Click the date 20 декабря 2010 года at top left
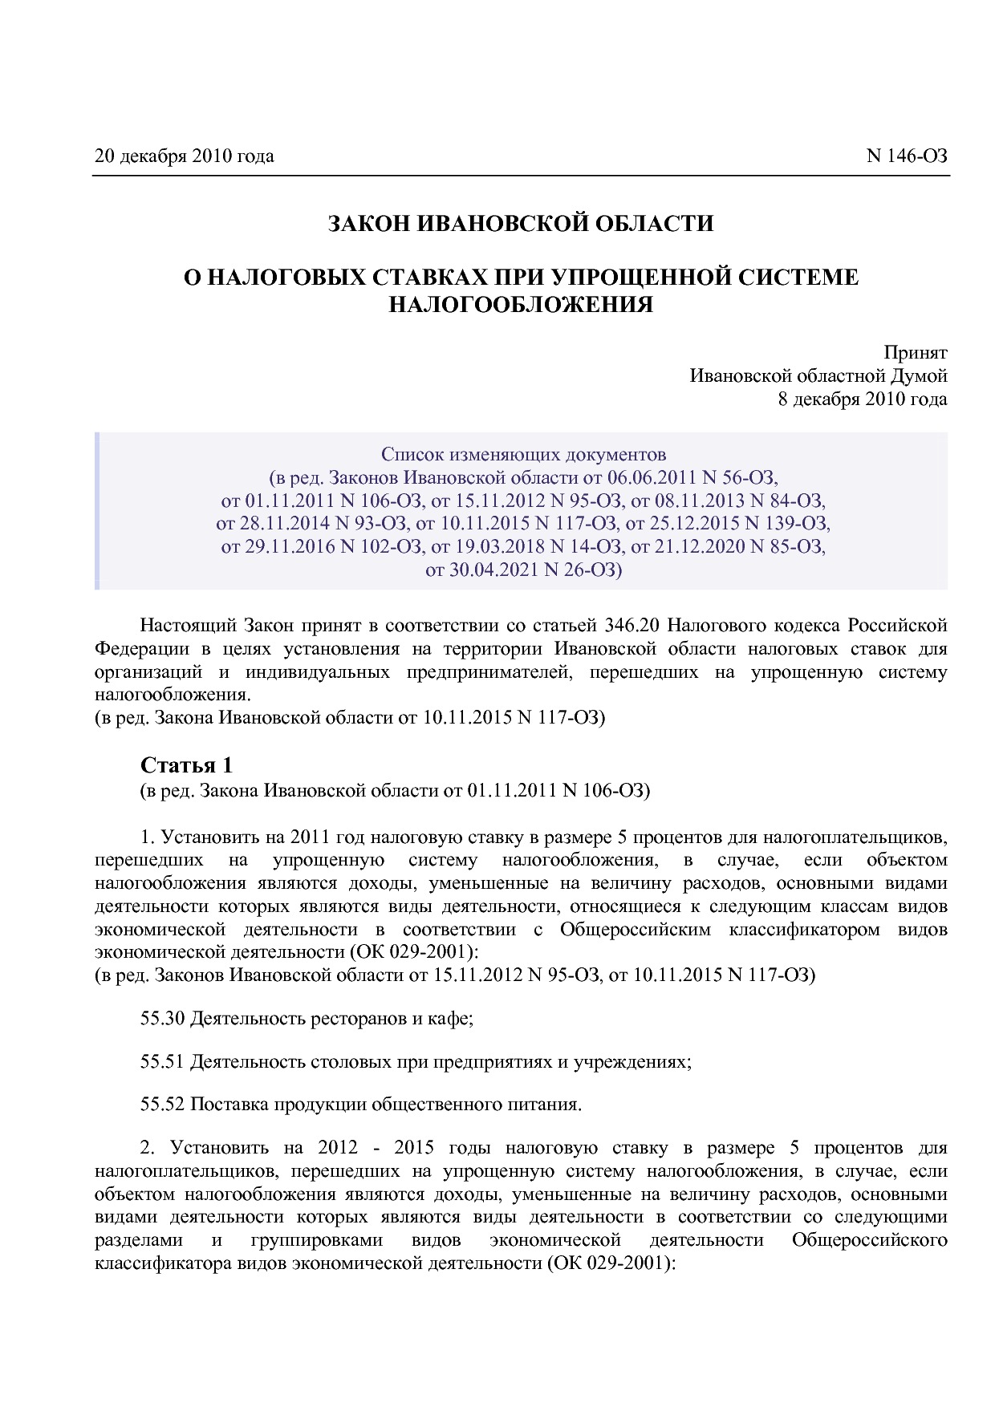pos(184,156)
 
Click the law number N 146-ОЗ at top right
pos(907,156)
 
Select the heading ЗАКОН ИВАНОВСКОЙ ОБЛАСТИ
pos(520,224)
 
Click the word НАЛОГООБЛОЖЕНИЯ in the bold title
pos(520,305)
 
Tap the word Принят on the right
pos(916,352)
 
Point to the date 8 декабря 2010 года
pos(863,399)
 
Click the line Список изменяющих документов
pos(523,455)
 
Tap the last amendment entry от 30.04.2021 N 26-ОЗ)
pos(523,570)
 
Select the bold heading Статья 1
pos(186,764)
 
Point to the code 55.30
pos(163,1019)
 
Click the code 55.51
pos(163,1061)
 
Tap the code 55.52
pos(163,1105)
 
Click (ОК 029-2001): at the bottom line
pos(613,1263)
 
